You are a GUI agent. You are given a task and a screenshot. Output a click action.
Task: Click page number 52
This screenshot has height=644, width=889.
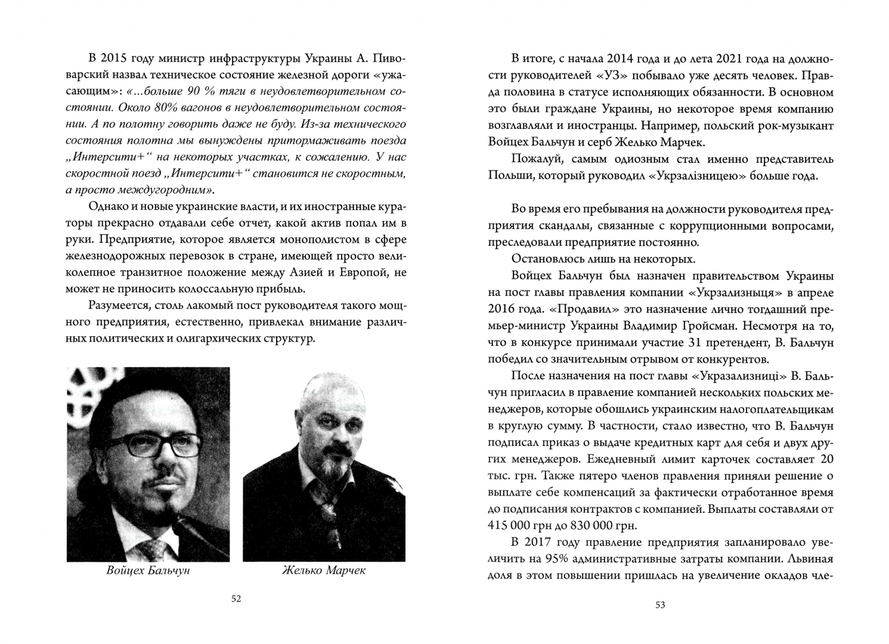pos(236,599)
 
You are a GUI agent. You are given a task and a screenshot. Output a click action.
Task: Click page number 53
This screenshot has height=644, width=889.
pos(660,605)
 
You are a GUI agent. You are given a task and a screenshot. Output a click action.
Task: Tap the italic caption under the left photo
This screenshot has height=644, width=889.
pos(148,571)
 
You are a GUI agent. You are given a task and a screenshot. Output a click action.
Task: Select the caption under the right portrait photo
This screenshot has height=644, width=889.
pos(324,571)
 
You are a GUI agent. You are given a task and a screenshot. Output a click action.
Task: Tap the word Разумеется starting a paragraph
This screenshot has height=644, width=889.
pos(117,306)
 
